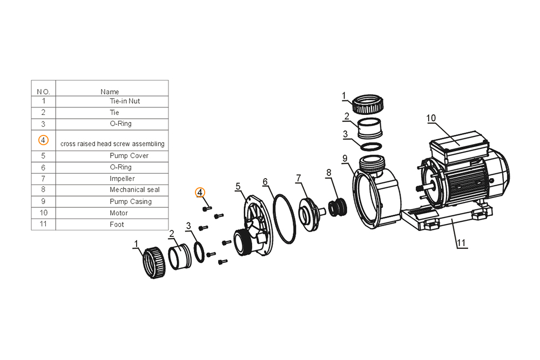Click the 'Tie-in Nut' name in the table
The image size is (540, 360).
pos(125,101)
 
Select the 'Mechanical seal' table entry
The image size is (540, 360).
pos(134,189)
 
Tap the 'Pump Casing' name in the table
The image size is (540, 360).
pos(131,201)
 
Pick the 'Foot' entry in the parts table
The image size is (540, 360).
pos(117,225)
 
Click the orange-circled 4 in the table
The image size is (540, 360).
pos(43,140)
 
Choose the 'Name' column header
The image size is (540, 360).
pos(110,92)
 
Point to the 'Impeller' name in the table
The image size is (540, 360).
pos(122,179)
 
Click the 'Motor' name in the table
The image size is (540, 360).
pos(118,213)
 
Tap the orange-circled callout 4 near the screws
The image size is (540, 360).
pos(200,193)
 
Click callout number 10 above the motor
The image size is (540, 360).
pos(431,118)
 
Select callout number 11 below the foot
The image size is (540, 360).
pos(461,243)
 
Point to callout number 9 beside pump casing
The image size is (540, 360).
pos(345,159)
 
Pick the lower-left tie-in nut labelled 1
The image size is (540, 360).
pos(154,263)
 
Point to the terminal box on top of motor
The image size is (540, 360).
pos(459,145)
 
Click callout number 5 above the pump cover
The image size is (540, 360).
pos(238,187)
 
